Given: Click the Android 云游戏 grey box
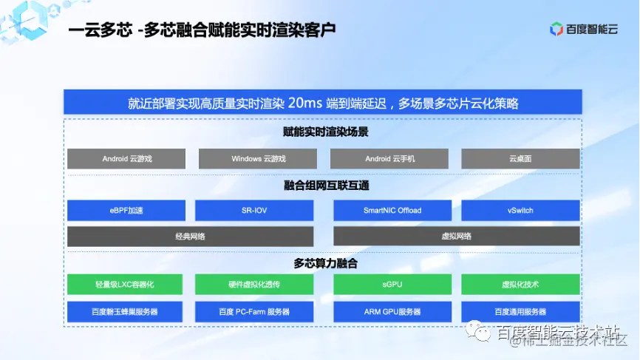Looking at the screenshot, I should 126,159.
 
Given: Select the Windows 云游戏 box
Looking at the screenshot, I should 258,159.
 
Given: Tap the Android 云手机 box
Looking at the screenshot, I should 389,159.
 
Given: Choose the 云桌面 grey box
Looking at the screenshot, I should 520,159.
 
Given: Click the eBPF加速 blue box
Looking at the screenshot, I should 126,211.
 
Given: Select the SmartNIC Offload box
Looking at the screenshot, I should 392,211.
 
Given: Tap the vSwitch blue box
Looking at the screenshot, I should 520,211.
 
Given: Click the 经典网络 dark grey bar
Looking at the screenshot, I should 190,237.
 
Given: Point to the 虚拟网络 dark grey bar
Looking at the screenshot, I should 456,237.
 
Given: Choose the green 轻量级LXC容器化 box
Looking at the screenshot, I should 126,285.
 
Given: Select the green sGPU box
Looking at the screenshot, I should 392,285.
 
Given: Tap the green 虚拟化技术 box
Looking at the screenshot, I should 520,285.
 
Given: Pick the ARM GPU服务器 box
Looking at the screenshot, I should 392,311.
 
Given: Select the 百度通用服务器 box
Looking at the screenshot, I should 520,311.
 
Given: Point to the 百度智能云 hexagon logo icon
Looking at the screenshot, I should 556,29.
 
